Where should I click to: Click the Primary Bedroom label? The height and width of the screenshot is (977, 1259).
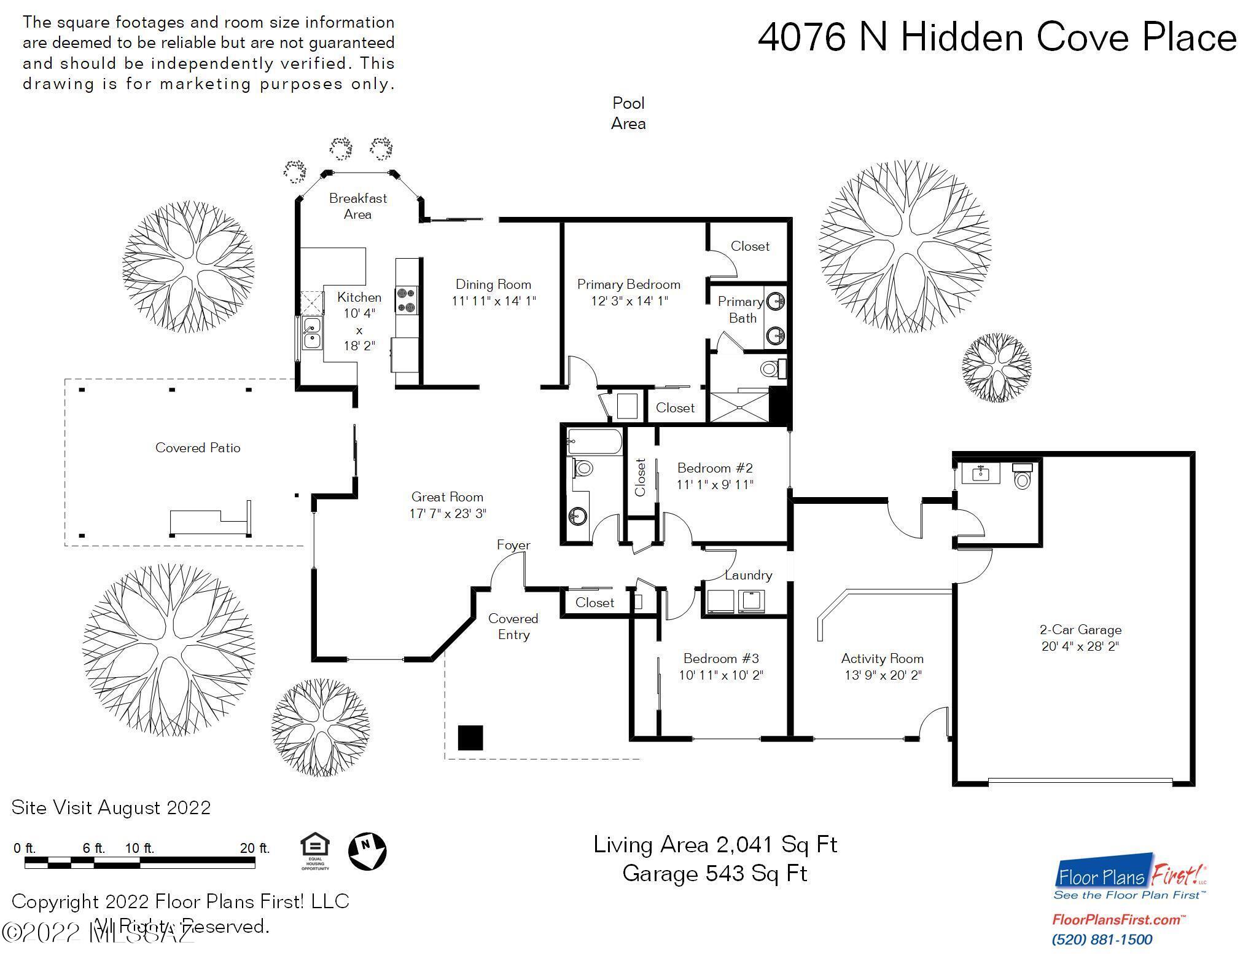tap(628, 284)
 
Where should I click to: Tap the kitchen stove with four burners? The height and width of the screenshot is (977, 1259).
tap(406, 300)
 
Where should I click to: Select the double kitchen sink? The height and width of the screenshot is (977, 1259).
tap(312, 332)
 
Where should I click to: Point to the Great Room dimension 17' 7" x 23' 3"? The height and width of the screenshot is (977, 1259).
tap(448, 514)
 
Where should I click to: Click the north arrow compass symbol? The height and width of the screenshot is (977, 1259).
tap(367, 851)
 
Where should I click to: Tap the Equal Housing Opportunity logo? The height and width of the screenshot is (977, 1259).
tap(315, 851)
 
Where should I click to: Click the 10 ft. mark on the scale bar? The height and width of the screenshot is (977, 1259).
tap(139, 849)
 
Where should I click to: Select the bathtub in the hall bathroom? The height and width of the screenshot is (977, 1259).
tap(594, 441)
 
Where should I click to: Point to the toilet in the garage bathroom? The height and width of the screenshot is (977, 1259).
tap(1022, 477)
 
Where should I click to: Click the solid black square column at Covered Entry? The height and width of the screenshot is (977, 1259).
tap(470, 738)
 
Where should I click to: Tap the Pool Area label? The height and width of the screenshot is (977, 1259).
tap(628, 114)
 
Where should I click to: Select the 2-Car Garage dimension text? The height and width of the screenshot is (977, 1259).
tap(1080, 646)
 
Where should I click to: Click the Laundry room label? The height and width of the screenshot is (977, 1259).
tap(747, 575)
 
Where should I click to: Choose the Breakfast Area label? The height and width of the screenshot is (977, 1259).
tap(357, 206)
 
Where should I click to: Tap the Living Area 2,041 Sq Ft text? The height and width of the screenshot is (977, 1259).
tap(715, 845)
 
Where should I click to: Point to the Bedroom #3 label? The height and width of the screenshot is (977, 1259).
tap(721, 659)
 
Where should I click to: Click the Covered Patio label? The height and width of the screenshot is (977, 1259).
tap(198, 448)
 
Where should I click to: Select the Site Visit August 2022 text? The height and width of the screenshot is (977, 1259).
tap(111, 807)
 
